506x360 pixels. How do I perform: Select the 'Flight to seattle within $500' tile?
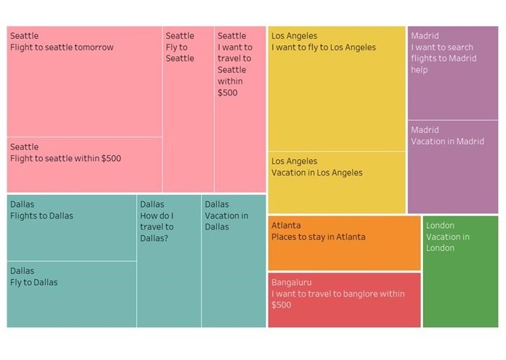(x=84, y=165)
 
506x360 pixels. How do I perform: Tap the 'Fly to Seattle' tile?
(x=189, y=109)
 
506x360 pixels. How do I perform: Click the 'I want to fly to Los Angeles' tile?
(x=336, y=88)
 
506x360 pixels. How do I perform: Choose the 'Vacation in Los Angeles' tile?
(x=336, y=182)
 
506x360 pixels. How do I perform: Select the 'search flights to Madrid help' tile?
(x=453, y=73)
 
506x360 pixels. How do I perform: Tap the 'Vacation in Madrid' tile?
(x=453, y=167)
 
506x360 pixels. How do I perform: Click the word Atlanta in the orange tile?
(x=286, y=226)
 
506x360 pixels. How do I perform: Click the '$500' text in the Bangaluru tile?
(x=281, y=305)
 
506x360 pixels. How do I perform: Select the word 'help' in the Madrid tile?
(x=419, y=71)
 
